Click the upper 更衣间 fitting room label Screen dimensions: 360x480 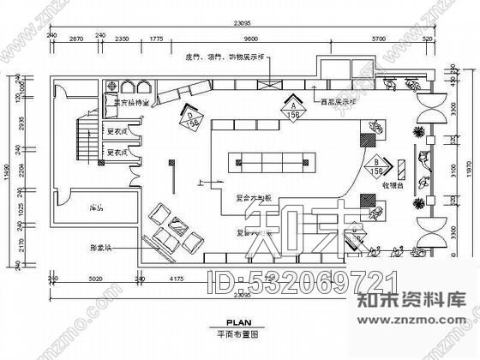(x=117, y=132)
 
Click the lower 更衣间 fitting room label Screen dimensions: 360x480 (x=117, y=155)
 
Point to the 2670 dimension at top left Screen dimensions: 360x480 (x=76, y=39)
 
